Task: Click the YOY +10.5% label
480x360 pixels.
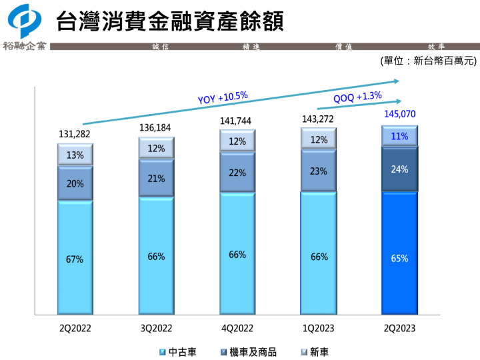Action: click(x=223, y=97)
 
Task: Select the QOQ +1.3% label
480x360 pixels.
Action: click(x=357, y=97)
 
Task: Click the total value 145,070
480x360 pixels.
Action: click(x=399, y=114)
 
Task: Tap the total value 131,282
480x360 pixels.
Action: click(x=75, y=134)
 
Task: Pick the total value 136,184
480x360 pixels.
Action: click(x=156, y=127)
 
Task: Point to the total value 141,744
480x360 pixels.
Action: click(x=237, y=121)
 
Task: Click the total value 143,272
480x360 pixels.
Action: click(x=319, y=119)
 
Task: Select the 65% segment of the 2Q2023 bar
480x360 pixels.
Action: click(x=399, y=258)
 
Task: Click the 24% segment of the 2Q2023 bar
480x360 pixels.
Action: click(x=399, y=169)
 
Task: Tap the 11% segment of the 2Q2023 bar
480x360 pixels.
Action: click(x=399, y=137)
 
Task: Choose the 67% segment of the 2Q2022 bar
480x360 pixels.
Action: click(x=75, y=259)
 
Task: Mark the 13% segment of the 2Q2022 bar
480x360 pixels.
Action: click(x=75, y=155)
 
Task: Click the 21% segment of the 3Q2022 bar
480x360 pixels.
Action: click(x=156, y=179)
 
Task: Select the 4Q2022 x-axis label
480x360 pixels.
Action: click(x=237, y=328)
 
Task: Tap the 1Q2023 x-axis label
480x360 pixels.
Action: click(x=319, y=328)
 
